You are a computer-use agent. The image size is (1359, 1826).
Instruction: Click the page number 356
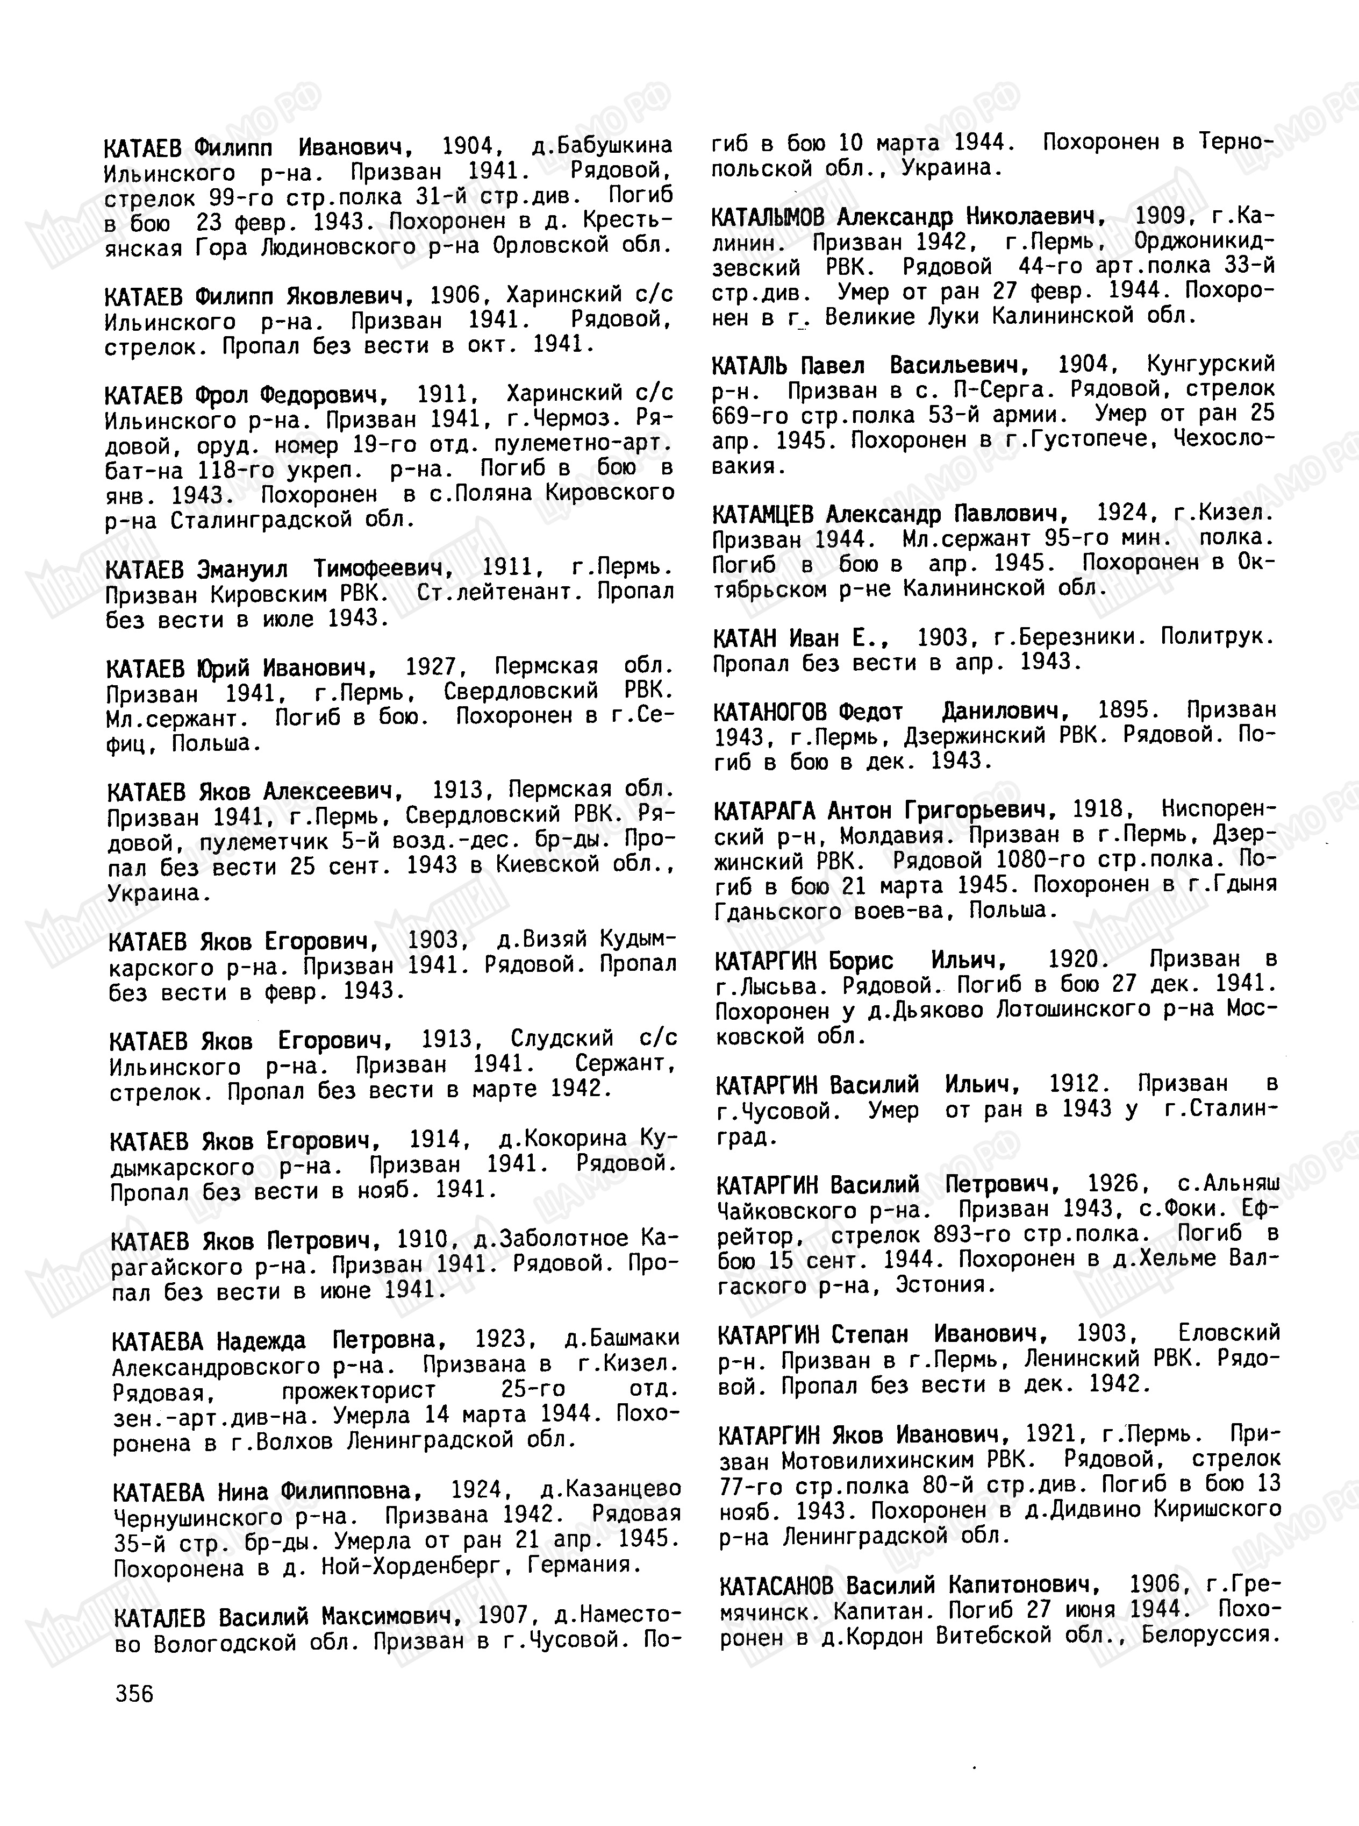(135, 1694)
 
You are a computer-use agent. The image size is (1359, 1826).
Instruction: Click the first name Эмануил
(242, 569)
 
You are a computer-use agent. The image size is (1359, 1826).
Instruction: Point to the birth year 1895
(1125, 709)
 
